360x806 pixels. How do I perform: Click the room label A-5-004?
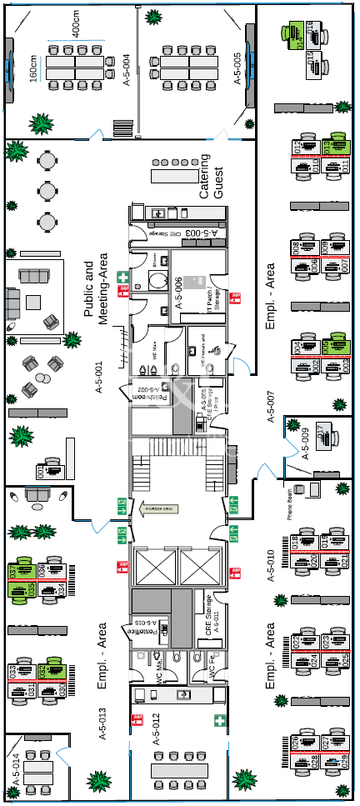[x=127, y=71]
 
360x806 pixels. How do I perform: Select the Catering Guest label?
[x=212, y=176]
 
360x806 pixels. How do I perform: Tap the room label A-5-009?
[x=305, y=444]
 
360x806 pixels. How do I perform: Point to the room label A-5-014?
[x=14, y=768]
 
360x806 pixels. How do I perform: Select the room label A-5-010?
[x=269, y=564]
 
